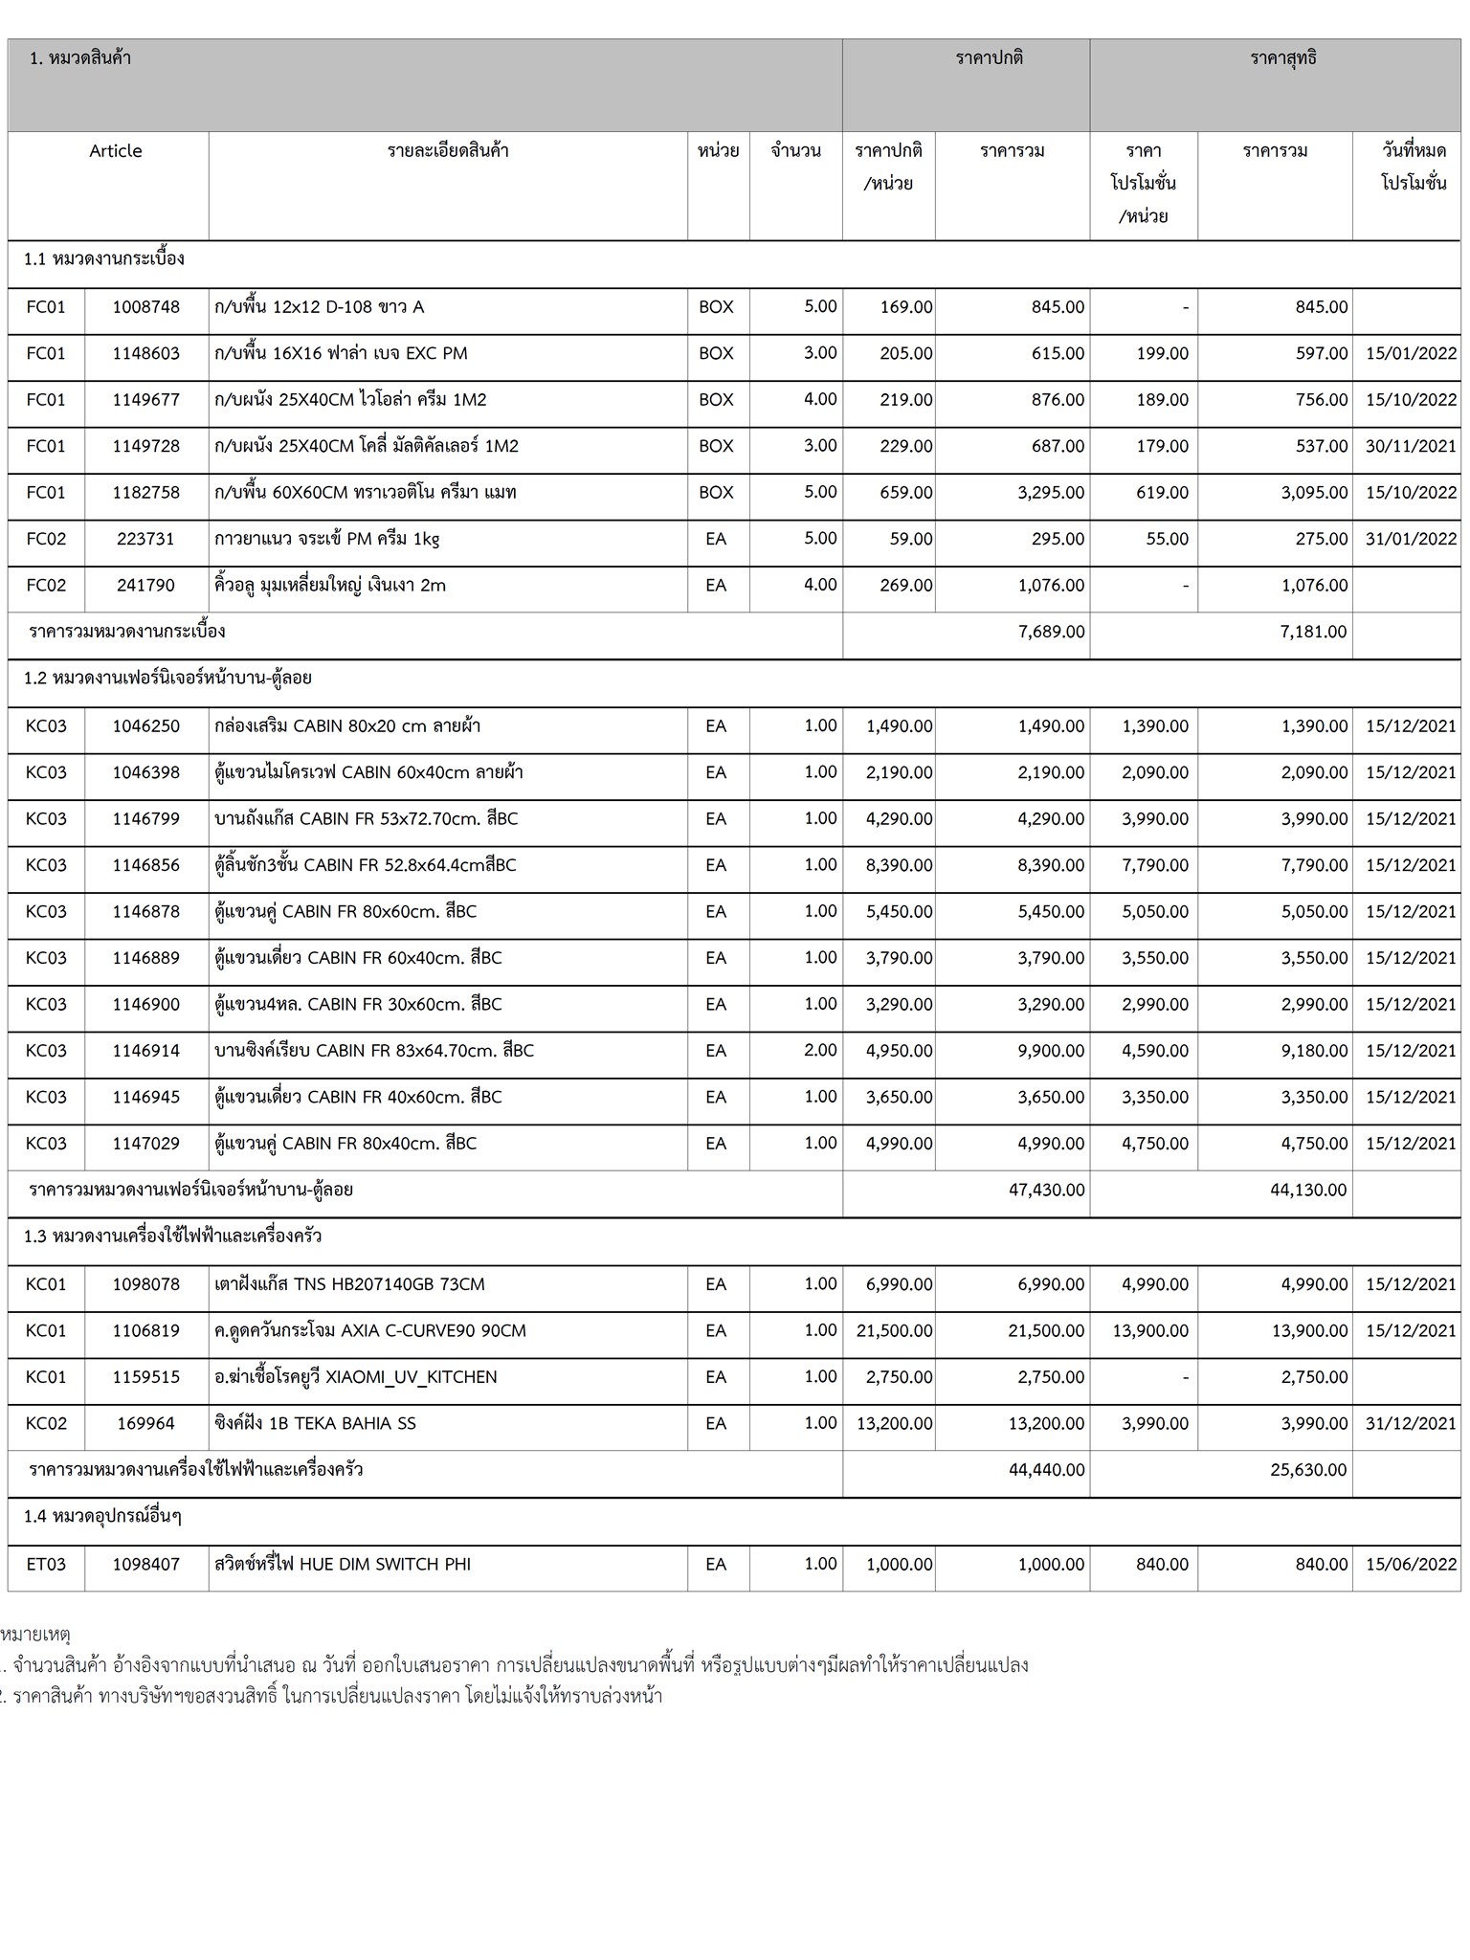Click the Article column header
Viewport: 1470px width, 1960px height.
116,151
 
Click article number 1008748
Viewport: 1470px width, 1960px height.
145,307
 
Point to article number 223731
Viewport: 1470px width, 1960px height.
145,539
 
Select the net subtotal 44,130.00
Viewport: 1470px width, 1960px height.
1308,1190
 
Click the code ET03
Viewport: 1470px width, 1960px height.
46,1564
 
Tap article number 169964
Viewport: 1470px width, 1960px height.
145,1423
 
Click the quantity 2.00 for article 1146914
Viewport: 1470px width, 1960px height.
820,1050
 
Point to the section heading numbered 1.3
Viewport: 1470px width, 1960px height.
172,1236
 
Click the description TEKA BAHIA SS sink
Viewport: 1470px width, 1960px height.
316,1423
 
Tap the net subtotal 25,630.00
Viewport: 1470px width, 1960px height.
1308,1469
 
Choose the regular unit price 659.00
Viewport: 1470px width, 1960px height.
905,493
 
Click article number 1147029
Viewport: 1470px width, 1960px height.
145,1144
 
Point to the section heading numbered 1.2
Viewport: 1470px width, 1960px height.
167,679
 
